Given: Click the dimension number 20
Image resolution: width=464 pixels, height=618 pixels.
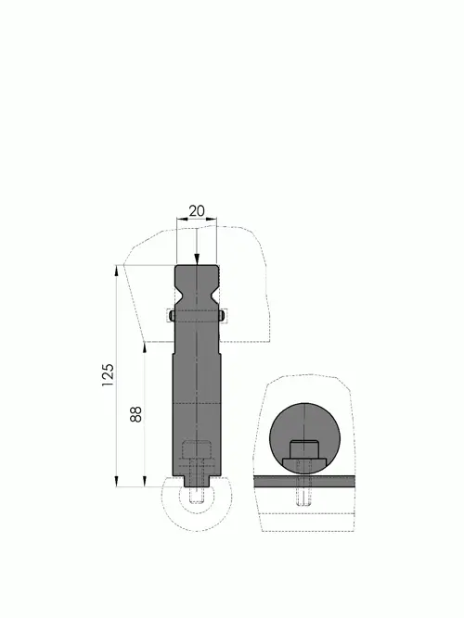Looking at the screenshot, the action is pyautogui.click(x=197, y=211).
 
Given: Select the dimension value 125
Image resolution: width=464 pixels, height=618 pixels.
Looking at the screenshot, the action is pyautogui.click(x=108, y=375).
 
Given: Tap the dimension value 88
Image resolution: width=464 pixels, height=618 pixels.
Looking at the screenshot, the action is pyautogui.click(x=135, y=414).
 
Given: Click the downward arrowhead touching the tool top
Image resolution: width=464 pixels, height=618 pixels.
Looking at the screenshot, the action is pyautogui.click(x=197, y=259).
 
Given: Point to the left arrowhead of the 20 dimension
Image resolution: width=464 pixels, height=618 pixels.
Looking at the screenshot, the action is pyautogui.click(x=181, y=219).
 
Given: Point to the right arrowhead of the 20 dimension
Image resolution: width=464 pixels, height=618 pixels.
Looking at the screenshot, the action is pyautogui.click(x=213, y=219).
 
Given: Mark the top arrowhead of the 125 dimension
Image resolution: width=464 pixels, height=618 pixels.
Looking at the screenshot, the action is pyautogui.click(x=117, y=271).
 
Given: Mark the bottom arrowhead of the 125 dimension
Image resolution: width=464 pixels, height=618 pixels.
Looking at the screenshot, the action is pyautogui.click(x=117, y=481).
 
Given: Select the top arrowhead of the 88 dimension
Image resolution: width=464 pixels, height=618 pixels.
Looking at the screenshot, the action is pyautogui.click(x=145, y=348).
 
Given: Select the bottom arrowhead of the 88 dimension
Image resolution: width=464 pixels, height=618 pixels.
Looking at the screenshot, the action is pyautogui.click(x=145, y=481).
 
